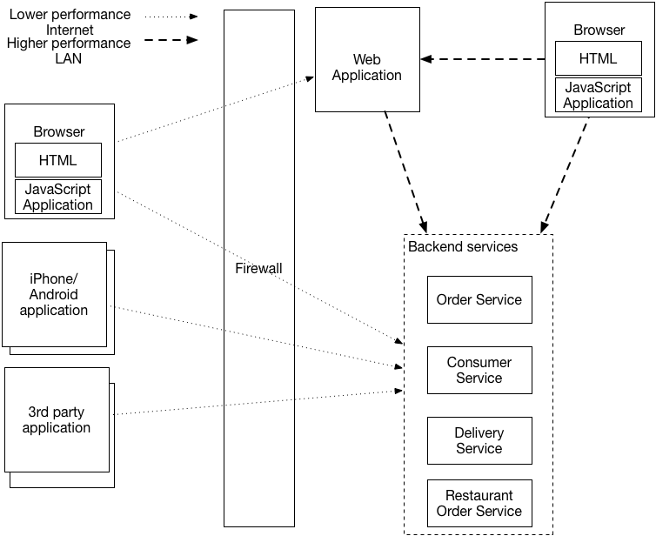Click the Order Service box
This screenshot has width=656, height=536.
[x=479, y=300]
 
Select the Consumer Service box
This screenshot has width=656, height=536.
[x=479, y=370]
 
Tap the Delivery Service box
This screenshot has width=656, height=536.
[x=479, y=440]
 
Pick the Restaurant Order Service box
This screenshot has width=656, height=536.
[x=479, y=503]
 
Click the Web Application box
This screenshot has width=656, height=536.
[x=366, y=68]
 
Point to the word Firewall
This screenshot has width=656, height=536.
[x=258, y=268]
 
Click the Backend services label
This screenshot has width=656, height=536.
[x=463, y=247]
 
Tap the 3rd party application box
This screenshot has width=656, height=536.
[x=57, y=420]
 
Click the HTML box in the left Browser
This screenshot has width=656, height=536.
[x=57, y=160]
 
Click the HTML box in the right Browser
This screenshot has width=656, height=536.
[x=598, y=59]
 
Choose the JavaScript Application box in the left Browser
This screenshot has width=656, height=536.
[x=57, y=197]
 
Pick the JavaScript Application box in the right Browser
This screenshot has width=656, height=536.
[x=598, y=95]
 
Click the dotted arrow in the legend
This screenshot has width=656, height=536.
[x=171, y=16]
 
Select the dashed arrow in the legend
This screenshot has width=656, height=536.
[x=171, y=40]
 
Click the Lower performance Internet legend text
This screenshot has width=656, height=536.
[x=70, y=23]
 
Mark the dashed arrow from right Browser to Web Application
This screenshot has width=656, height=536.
[x=482, y=59]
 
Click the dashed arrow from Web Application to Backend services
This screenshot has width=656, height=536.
[x=405, y=172]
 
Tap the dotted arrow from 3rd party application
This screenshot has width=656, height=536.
[x=261, y=402]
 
